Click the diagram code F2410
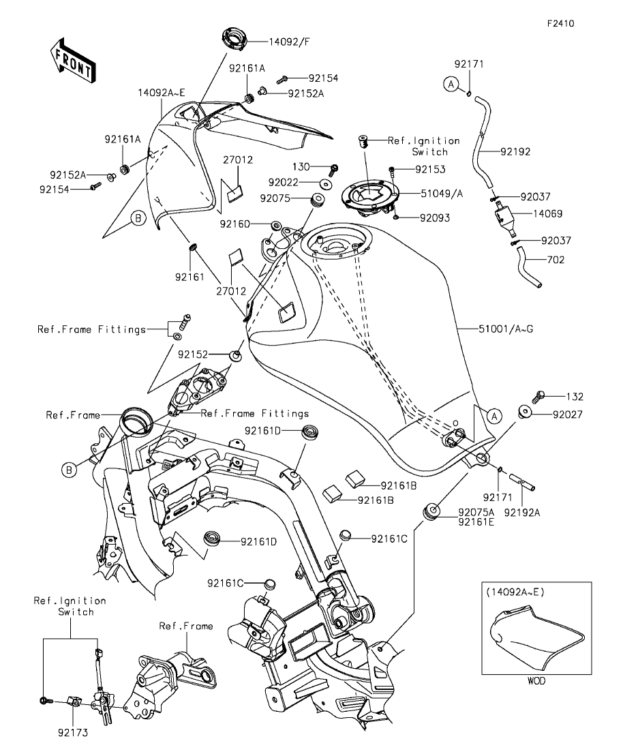(x=561, y=23)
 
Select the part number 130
(x=301, y=166)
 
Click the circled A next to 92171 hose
(x=450, y=83)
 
